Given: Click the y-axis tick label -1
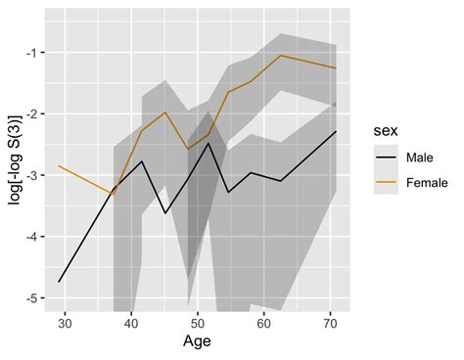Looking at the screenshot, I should pyautogui.click(x=30, y=52).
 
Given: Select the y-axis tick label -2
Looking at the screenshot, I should pyautogui.click(x=30, y=113).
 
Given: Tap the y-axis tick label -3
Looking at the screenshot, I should pyautogui.click(x=30, y=175).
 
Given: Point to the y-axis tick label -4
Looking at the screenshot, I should pyautogui.click(x=30, y=237).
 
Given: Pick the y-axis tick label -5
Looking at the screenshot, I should pyautogui.click(x=30, y=298).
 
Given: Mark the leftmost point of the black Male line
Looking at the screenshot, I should pyautogui.click(x=60, y=282).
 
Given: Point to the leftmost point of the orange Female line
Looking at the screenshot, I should pyautogui.click(x=60, y=166).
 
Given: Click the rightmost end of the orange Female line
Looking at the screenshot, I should pyautogui.click(x=336, y=68).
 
